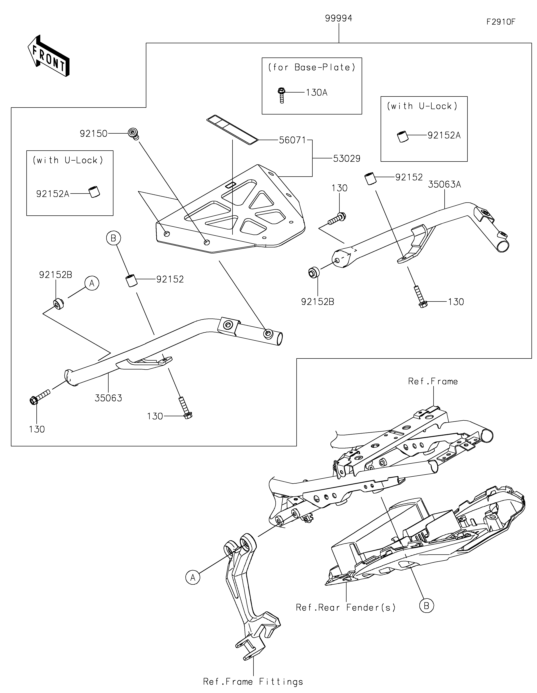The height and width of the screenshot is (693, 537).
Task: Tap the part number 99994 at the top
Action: pyautogui.click(x=338, y=18)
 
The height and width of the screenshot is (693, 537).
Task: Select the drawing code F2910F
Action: pyautogui.click(x=501, y=22)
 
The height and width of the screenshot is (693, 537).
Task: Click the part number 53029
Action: pyautogui.click(x=347, y=158)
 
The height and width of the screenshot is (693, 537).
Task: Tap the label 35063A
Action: pyautogui.click(x=444, y=184)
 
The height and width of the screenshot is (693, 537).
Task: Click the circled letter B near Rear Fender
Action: pyautogui.click(x=426, y=606)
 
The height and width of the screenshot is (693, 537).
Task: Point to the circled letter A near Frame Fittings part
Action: pyautogui.click(x=193, y=577)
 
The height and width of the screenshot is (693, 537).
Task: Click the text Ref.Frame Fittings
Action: pyautogui.click(x=253, y=682)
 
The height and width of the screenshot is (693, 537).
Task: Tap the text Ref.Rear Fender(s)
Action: pyautogui.click(x=346, y=607)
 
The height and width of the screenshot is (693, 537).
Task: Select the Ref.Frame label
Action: pyautogui.click(x=433, y=381)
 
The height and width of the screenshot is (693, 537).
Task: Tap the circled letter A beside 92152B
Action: pyautogui.click(x=92, y=283)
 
